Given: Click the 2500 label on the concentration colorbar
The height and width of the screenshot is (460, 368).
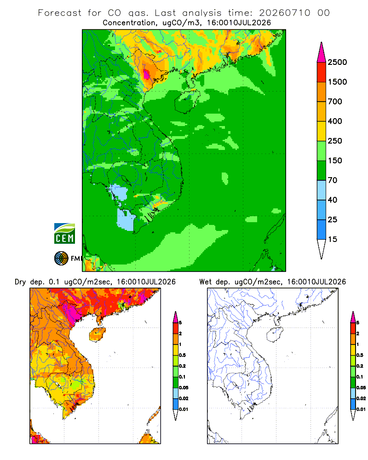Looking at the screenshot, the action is click(337, 62).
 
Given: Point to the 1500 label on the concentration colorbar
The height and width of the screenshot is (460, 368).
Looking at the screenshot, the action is click(337, 82).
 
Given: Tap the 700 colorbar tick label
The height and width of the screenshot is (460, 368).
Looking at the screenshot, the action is click(335, 102).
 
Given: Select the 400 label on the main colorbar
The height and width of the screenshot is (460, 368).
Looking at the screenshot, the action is click(335, 121).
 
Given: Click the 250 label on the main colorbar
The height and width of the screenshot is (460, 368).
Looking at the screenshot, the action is click(335, 141).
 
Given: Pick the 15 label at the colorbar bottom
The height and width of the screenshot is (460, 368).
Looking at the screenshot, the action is click(333, 239).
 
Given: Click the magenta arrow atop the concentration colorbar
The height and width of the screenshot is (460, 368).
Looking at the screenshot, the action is click(322, 52).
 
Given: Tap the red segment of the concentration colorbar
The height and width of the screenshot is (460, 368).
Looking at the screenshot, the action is click(322, 72).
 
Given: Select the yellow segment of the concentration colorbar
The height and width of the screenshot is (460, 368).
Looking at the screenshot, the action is click(322, 131).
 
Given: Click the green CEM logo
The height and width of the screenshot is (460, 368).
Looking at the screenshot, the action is click(64, 234).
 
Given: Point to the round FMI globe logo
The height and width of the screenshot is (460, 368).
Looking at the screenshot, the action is click(61, 259).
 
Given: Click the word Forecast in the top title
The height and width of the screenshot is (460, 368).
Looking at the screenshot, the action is click(60, 13).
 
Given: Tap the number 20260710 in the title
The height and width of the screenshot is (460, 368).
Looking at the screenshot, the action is click(284, 13).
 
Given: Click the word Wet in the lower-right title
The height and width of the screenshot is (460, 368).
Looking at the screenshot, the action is click(205, 282).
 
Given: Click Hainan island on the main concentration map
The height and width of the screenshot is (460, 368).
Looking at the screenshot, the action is click(187, 101).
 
